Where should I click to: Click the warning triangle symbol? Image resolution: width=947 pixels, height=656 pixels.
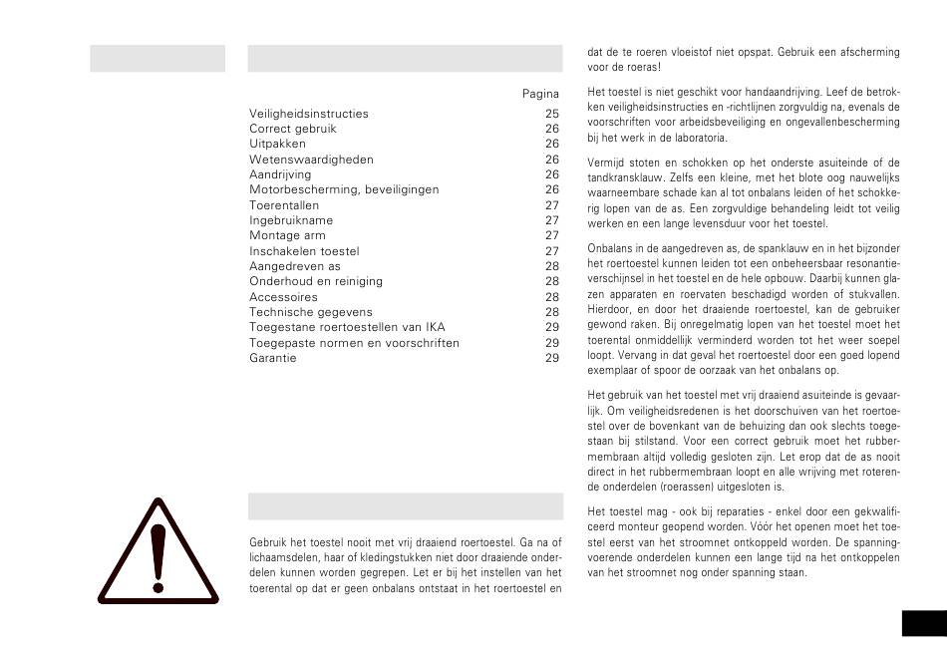[157, 554]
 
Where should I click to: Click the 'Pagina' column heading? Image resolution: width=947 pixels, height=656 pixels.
[540, 94]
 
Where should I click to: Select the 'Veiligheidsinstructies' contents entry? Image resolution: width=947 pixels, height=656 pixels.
[309, 114]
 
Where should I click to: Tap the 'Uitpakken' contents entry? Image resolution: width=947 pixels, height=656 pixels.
[278, 144]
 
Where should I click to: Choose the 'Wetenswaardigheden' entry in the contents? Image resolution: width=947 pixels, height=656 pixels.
[311, 160]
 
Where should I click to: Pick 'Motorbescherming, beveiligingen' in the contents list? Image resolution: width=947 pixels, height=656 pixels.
[344, 189]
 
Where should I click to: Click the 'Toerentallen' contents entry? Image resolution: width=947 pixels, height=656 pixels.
[284, 205]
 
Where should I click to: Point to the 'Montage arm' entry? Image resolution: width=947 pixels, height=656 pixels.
[287, 236]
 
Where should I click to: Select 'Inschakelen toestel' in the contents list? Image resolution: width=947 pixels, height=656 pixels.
[304, 251]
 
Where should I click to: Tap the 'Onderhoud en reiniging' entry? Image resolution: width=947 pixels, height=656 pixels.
[315, 282]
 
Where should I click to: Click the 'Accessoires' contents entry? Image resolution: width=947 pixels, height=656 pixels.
[283, 297]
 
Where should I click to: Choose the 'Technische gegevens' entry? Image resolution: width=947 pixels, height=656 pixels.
[310, 312]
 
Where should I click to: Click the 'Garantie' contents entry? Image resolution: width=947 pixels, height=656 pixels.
[273, 358]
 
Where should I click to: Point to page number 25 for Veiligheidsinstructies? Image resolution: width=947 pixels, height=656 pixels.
[552, 114]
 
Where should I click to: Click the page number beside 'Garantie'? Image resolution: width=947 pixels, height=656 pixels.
[552, 358]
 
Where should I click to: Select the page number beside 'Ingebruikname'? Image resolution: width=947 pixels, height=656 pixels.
[552, 220]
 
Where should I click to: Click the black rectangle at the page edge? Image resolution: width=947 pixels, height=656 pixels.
[924, 623]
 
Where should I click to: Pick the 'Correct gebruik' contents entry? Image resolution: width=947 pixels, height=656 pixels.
[293, 129]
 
